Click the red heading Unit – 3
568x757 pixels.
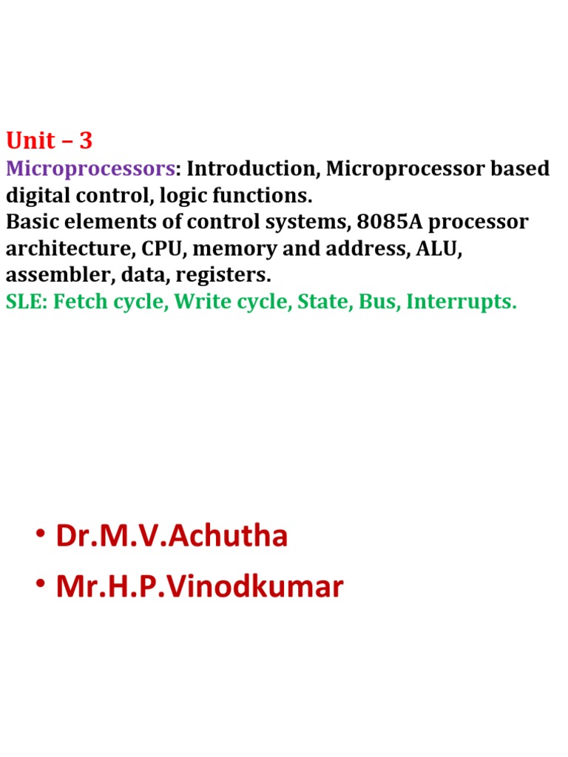50,140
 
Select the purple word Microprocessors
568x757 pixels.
90,169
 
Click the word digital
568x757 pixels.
38,195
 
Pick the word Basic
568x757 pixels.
30,222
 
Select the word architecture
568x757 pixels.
70,248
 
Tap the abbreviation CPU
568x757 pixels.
160,248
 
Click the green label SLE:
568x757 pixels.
24,302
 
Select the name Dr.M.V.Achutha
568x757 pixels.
171,536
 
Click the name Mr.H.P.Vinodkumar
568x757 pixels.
199,587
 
